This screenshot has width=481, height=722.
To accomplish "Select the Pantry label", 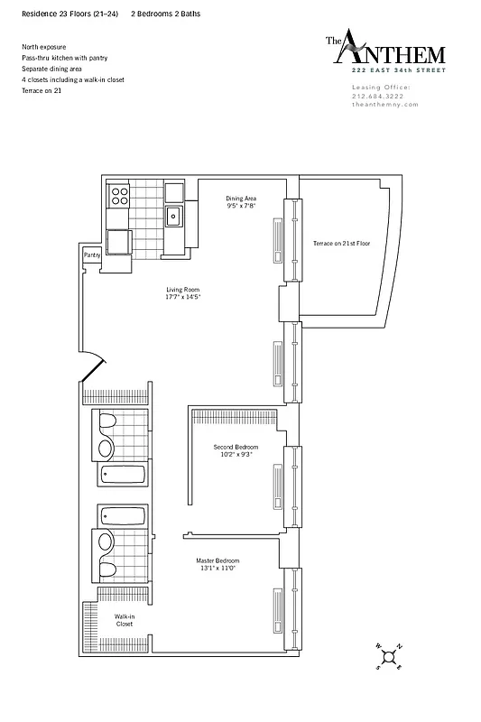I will (x=91, y=255).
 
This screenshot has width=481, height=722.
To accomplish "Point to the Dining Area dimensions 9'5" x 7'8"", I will (x=242, y=207).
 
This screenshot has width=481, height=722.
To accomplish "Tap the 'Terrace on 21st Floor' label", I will (x=342, y=244).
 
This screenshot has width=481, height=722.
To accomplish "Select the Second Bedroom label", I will (x=236, y=447).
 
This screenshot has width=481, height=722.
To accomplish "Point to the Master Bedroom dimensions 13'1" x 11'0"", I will (x=217, y=569).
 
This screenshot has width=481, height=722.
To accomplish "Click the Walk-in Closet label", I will (x=124, y=620).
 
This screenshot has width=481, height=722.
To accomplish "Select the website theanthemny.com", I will (x=385, y=104).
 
